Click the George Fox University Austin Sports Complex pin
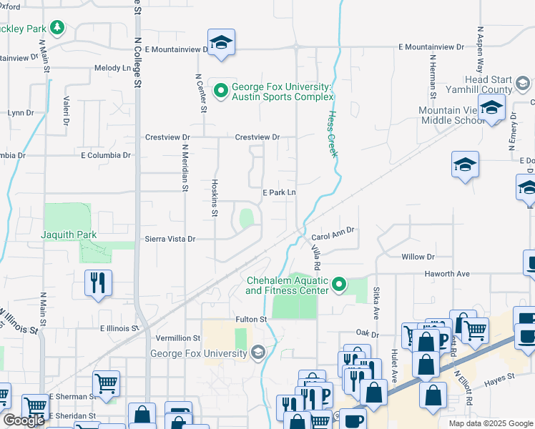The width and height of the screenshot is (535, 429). click(221, 90)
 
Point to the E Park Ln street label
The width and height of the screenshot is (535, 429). click(279, 192)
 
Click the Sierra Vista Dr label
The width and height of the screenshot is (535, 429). click(170, 240)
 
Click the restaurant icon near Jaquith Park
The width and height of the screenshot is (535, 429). click(98, 282)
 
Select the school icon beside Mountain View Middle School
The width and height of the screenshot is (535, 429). click(491, 108)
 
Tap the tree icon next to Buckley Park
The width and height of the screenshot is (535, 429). click(57, 29)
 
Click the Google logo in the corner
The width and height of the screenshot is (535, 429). click(24, 420)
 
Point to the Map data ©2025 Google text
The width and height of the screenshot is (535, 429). click(491, 423)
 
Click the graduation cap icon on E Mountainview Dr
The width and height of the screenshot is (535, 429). click(222, 42)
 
